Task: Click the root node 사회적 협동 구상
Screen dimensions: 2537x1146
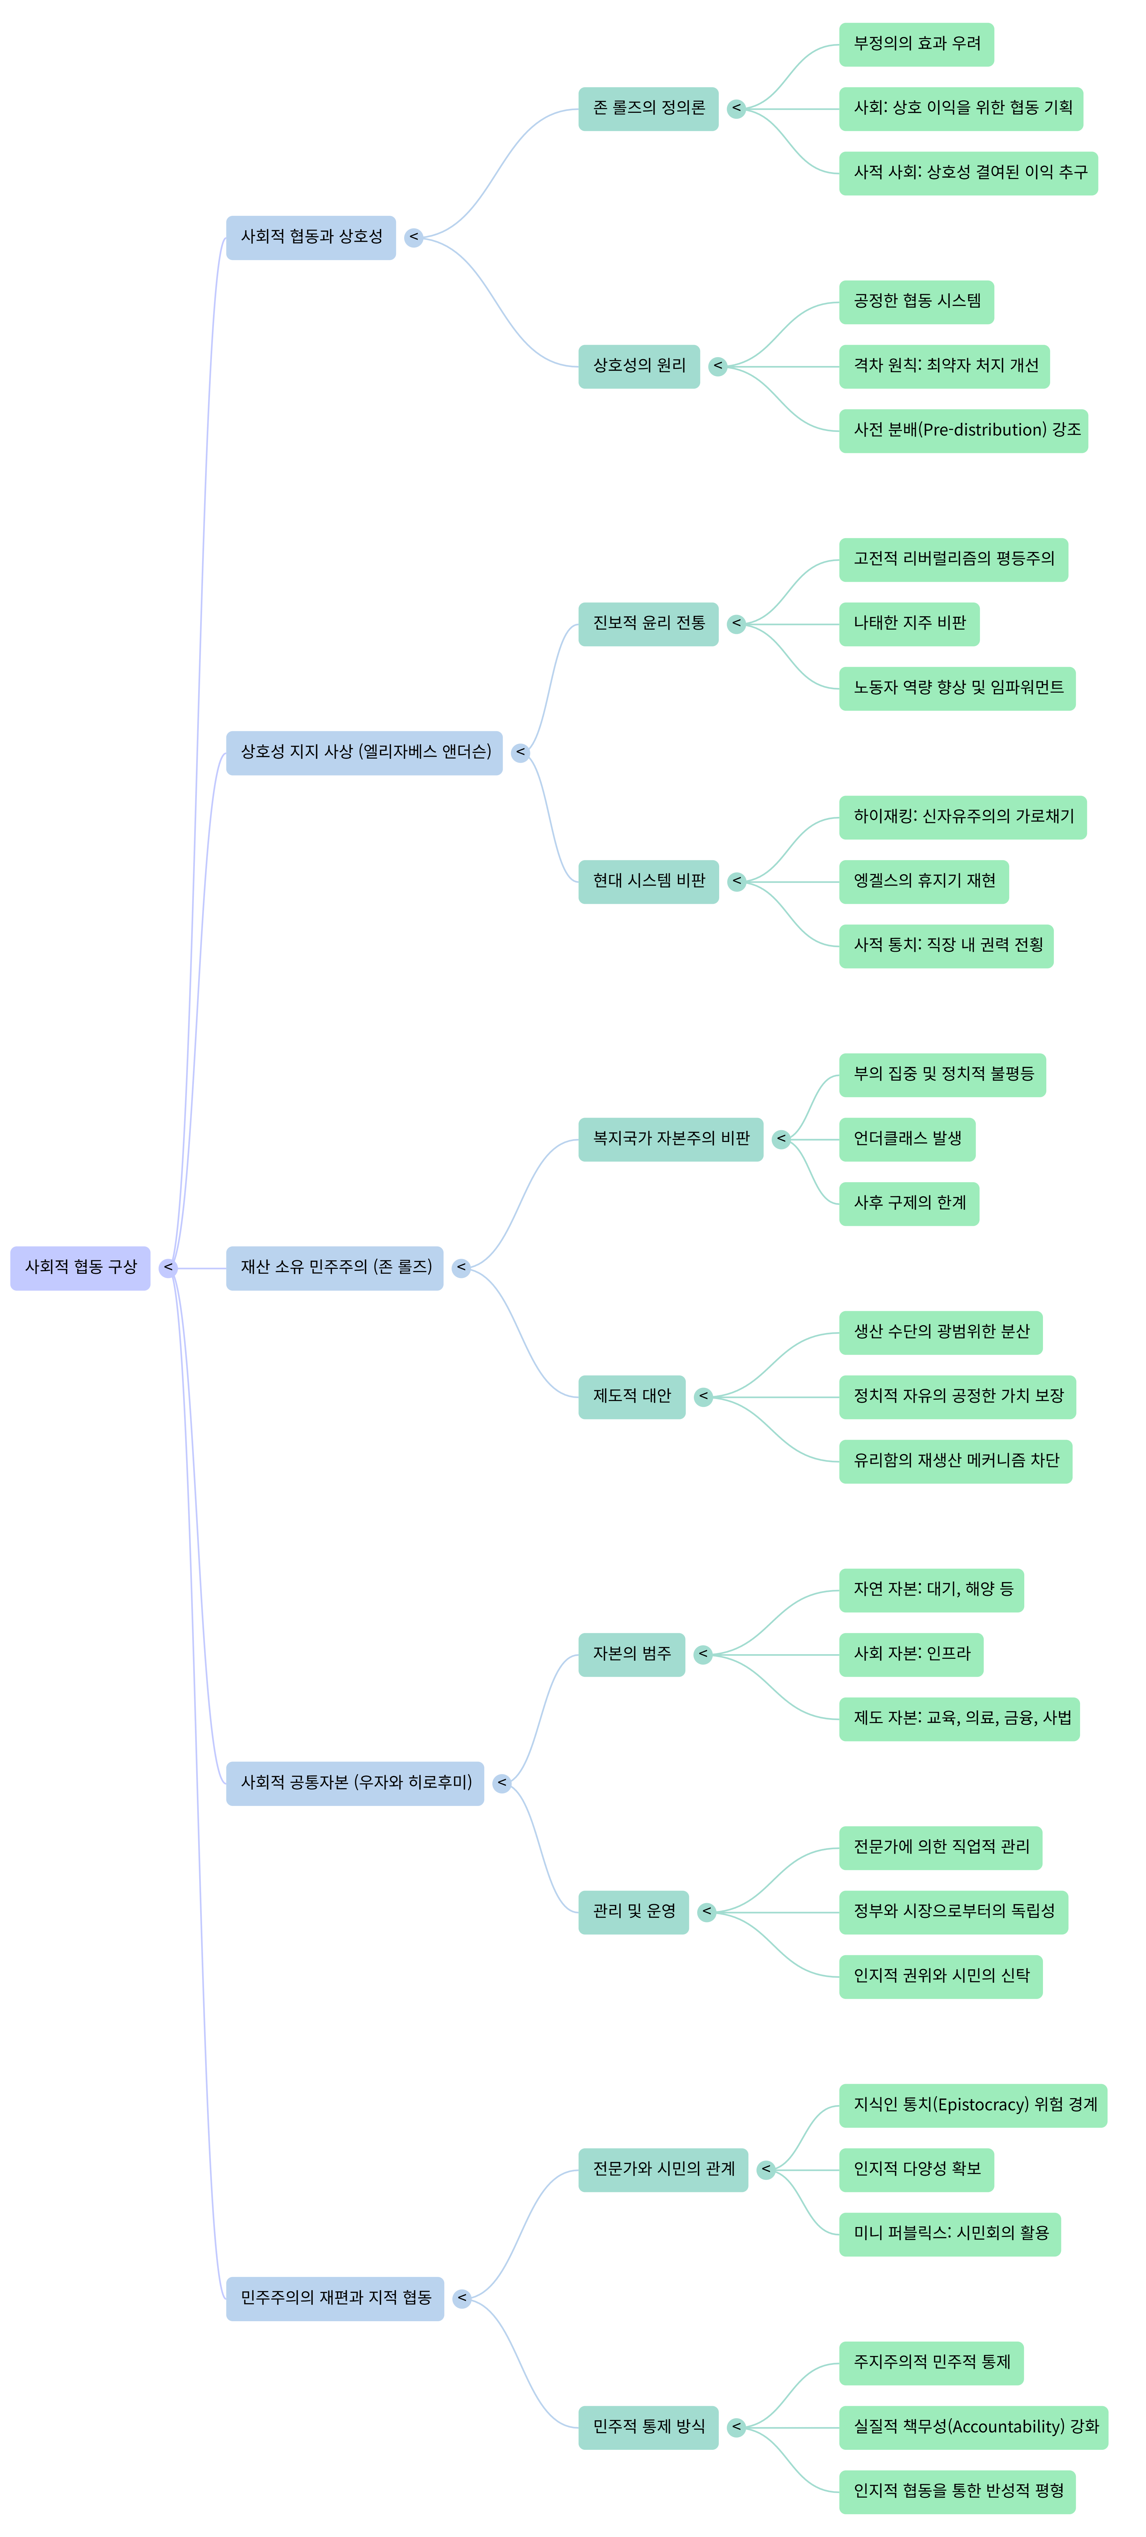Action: point(80,1268)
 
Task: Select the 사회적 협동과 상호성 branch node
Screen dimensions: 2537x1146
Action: point(310,237)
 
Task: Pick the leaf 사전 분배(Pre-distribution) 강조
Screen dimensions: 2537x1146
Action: point(963,430)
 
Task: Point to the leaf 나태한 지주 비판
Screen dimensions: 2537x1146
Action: point(908,623)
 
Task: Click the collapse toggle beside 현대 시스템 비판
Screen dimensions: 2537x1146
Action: point(736,882)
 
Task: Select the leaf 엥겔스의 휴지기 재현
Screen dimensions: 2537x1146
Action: point(923,882)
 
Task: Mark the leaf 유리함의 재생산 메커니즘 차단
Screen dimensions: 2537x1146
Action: point(955,1461)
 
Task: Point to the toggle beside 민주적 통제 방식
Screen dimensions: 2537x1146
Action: point(736,2428)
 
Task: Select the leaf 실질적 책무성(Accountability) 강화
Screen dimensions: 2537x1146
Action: point(973,2428)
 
